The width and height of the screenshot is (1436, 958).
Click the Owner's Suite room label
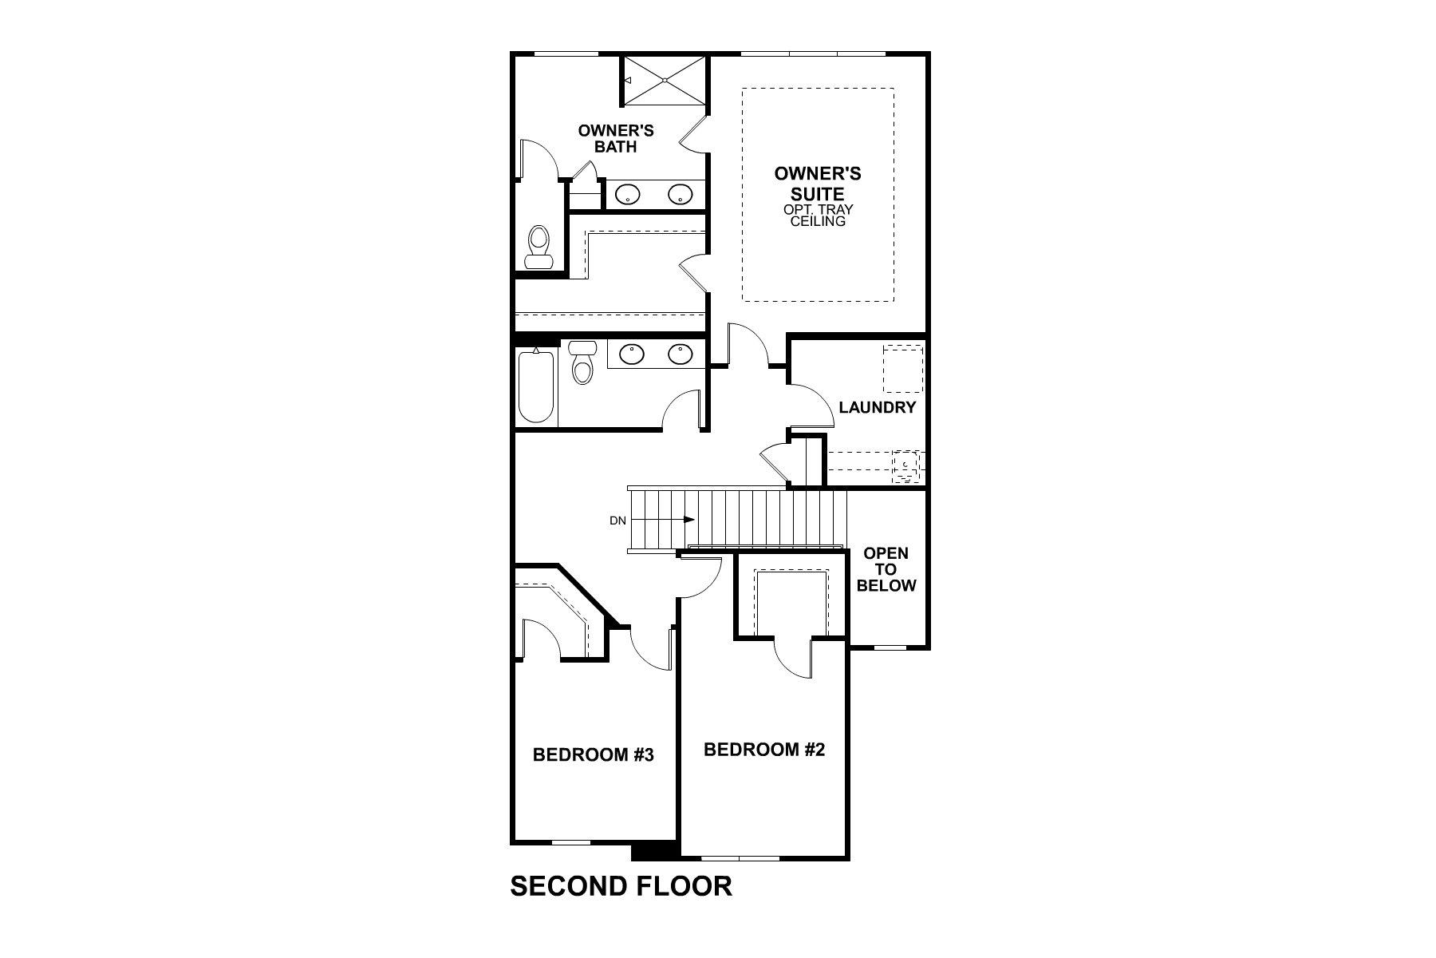[818, 184]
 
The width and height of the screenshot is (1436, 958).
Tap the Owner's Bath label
[616, 138]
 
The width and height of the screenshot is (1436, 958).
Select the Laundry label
[877, 408]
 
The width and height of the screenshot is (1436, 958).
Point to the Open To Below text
[886, 569]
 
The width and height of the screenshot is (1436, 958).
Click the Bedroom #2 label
[763, 750]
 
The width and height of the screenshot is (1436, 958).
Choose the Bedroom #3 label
[593, 754]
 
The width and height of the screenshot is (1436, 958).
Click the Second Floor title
[621, 886]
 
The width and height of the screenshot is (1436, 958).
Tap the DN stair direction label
[617, 521]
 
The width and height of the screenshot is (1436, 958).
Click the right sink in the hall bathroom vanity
[680, 354]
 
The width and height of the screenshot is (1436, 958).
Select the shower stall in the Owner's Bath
[664, 80]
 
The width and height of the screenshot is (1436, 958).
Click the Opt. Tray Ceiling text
[818, 216]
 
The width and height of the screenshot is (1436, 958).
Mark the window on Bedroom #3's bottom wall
[571, 841]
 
